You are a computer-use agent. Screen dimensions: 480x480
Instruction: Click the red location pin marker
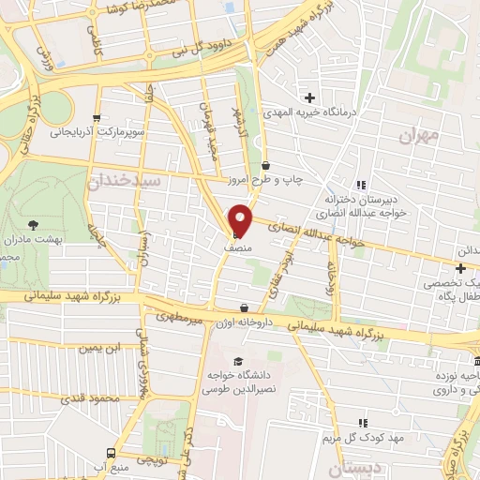[x=242, y=220]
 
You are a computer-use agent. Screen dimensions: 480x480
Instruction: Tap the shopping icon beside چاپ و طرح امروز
[x=266, y=166]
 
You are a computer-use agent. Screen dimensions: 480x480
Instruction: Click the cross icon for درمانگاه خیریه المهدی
[x=309, y=97]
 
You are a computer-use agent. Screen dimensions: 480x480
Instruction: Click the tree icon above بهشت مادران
[x=35, y=224]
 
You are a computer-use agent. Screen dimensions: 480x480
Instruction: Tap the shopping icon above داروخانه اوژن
[x=245, y=307]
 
